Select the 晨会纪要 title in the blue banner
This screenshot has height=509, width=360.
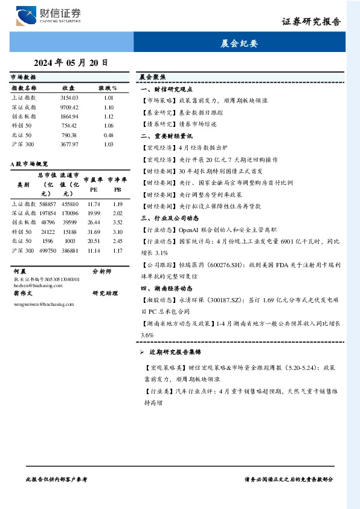240,44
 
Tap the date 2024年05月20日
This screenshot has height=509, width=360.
71,62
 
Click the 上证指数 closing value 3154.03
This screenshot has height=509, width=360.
69,97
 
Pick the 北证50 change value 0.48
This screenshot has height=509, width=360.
109,135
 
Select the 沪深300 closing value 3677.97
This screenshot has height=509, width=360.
69,144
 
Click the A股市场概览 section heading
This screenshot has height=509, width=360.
30,163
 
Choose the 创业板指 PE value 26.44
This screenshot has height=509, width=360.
94,222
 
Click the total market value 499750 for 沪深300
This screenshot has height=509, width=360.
48,250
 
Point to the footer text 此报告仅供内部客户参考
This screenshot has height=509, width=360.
57,479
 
